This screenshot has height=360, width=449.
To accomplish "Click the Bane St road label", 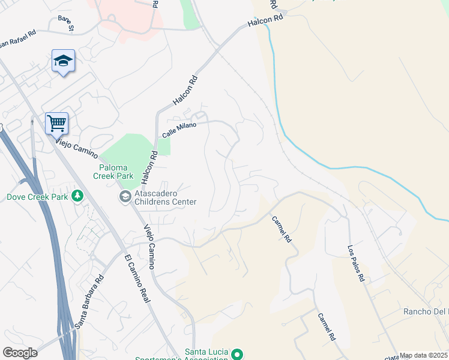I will point(65,23).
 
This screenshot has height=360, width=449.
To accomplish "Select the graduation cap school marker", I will point(63,61).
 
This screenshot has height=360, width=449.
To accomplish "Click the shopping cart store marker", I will point(56,124).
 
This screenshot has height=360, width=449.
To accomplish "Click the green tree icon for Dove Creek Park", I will point(77,196).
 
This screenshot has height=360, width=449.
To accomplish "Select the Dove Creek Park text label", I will point(37,196).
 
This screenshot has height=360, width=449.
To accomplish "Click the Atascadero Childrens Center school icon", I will point(125,197).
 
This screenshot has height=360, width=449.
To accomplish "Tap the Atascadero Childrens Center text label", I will point(165,197).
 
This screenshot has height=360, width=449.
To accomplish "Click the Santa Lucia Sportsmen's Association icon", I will point(237,353).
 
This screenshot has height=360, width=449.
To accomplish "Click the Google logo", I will point(20,353).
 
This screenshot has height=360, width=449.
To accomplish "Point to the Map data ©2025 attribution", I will point(424,355).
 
